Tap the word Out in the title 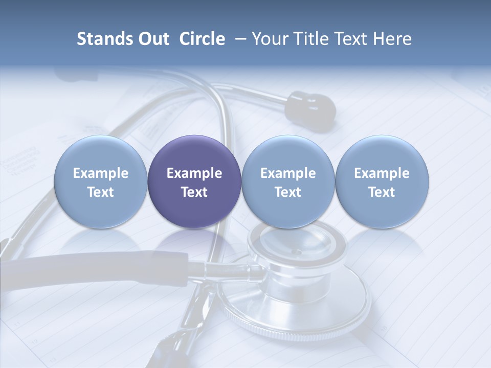[x=154, y=39]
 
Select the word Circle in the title [x=202, y=39]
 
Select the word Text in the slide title [x=351, y=39]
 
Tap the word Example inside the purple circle [x=194, y=173]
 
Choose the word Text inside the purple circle [x=194, y=192]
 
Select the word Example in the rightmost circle [x=382, y=173]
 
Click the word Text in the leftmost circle [x=101, y=192]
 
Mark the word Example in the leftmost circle [x=101, y=173]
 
